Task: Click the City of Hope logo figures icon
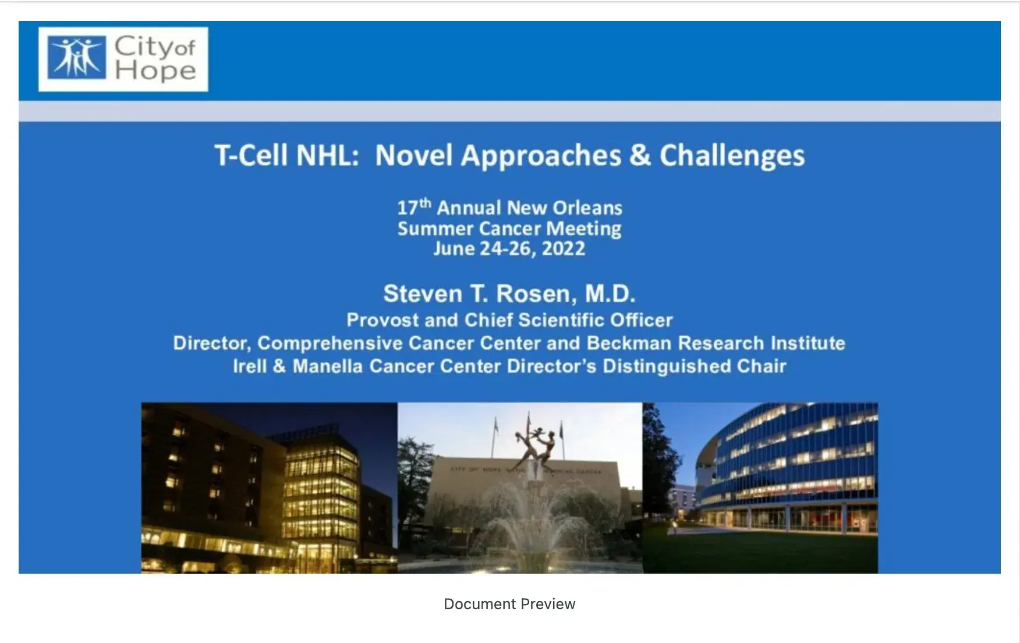[x=77, y=58]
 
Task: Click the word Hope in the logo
[x=155, y=70]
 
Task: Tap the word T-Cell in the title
[x=252, y=156]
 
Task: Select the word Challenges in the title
[x=732, y=156]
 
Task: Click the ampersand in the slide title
[x=639, y=156]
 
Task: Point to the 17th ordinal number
[x=414, y=207]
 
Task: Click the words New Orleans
[x=564, y=208]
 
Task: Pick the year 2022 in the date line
[x=563, y=249]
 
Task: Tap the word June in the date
[x=454, y=249]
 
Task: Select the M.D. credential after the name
[x=610, y=294]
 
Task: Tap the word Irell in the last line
[x=249, y=366]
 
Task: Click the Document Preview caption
[x=509, y=604]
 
